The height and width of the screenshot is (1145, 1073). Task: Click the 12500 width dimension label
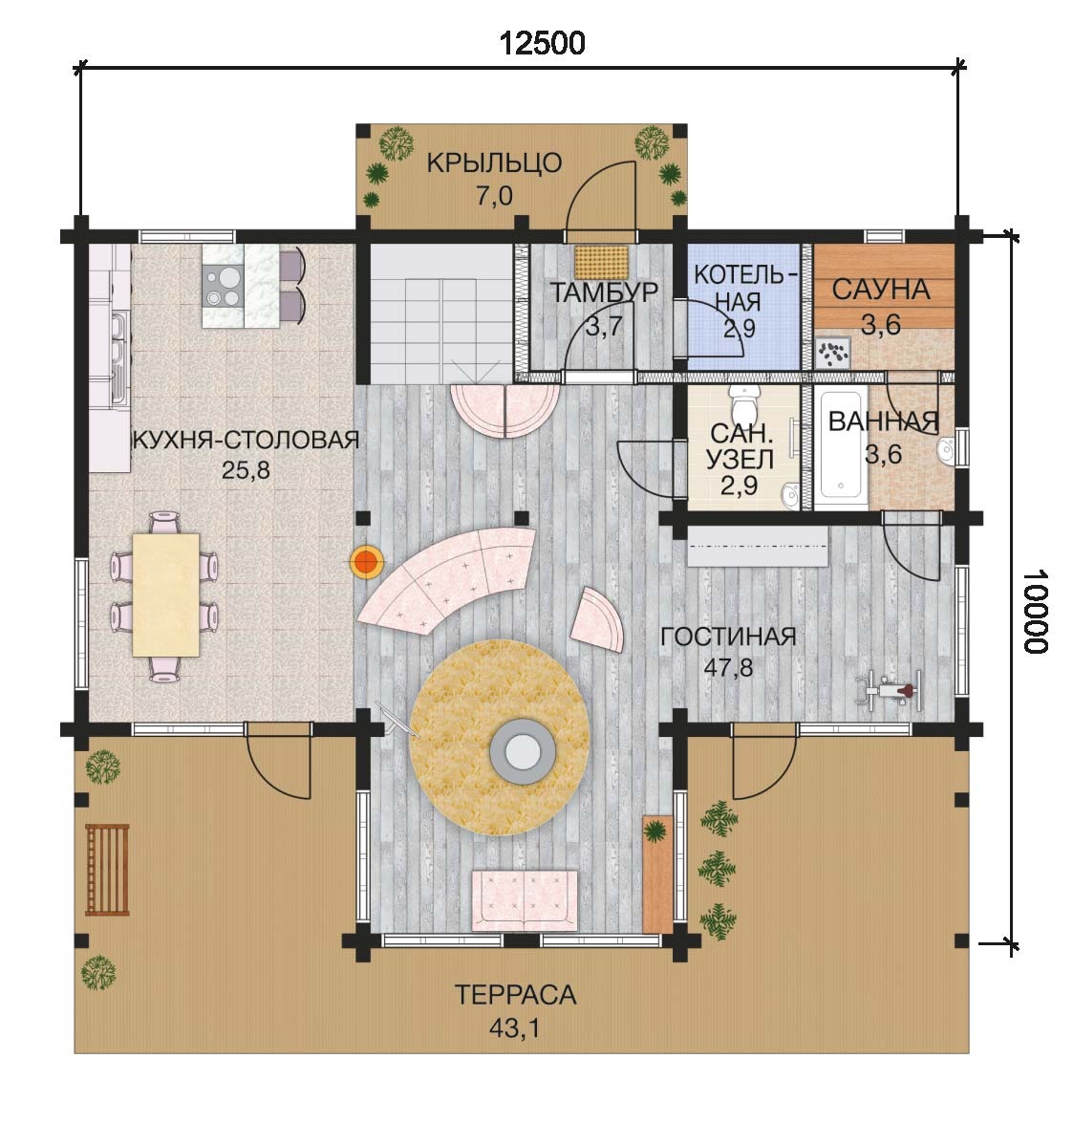pyautogui.click(x=542, y=44)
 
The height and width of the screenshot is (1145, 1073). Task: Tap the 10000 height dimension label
pyautogui.click(x=1035, y=611)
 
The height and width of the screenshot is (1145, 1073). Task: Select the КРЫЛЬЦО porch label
pyautogui.click(x=494, y=162)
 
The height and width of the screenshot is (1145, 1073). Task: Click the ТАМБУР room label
pyautogui.click(x=604, y=292)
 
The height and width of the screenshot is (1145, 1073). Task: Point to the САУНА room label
pyautogui.click(x=881, y=290)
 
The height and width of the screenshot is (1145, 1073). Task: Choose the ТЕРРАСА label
pyautogui.click(x=515, y=995)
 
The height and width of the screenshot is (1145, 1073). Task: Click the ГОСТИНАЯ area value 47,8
pyautogui.click(x=728, y=667)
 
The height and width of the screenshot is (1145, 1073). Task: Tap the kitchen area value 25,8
pyautogui.click(x=246, y=470)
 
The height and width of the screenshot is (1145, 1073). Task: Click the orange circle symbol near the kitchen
pyautogui.click(x=367, y=562)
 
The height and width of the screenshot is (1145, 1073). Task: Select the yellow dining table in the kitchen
pyautogui.click(x=166, y=595)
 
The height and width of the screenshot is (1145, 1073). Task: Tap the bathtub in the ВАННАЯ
pyautogui.click(x=841, y=448)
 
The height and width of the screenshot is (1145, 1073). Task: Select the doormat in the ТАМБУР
pyautogui.click(x=601, y=262)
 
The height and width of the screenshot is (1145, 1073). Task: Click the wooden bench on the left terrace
pyautogui.click(x=107, y=870)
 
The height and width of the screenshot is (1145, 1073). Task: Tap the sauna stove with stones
pyautogui.click(x=833, y=353)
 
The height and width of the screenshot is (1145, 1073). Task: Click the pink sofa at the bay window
pyautogui.click(x=525, y=900)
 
